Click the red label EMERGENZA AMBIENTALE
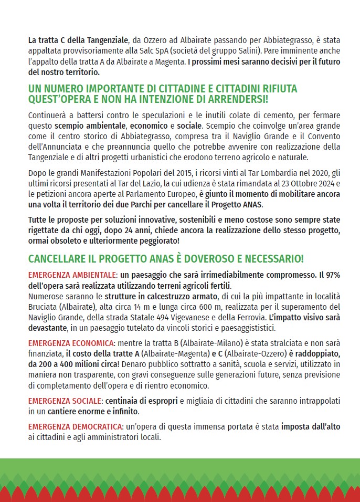tap(71, 275)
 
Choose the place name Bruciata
tap(43, 306)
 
